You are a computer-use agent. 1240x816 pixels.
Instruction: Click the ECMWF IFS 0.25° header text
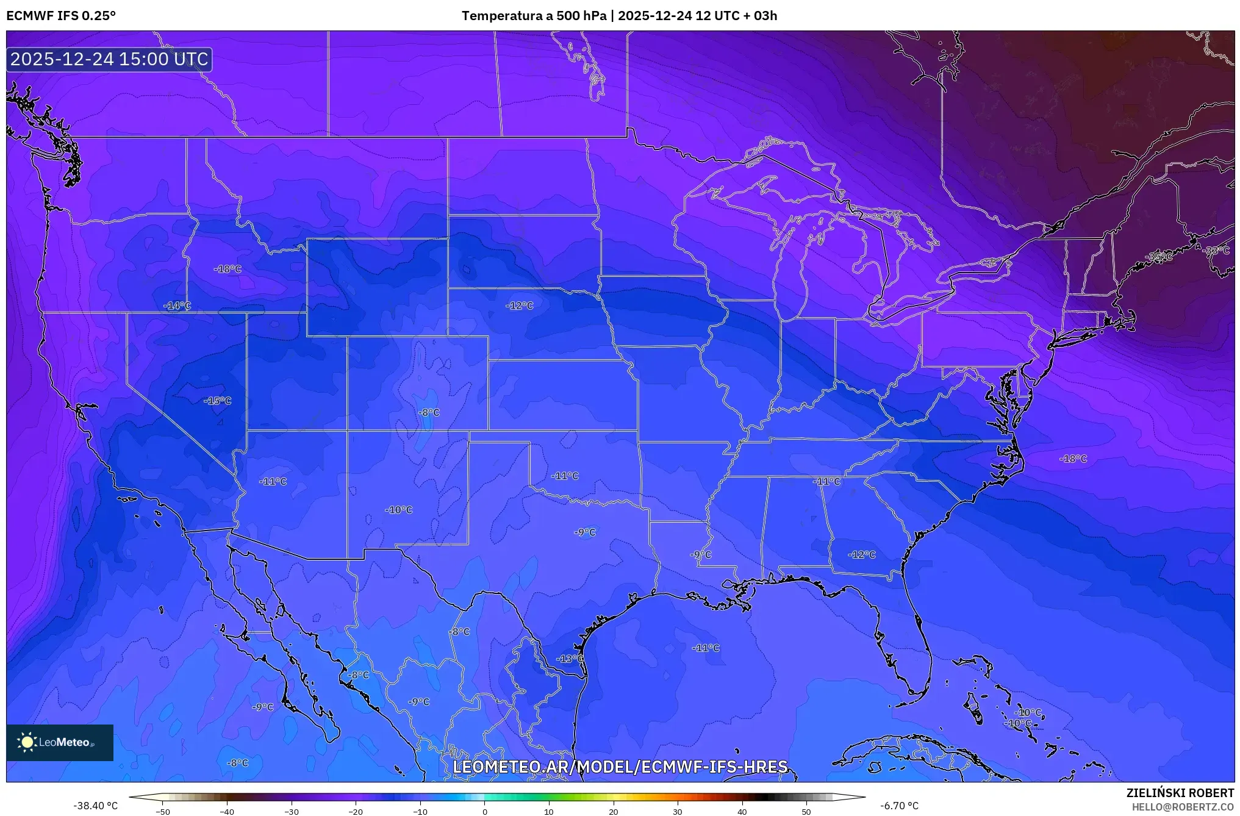[x=61, y=16]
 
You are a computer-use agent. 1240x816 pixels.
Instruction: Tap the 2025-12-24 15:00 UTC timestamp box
[x=109, y=59]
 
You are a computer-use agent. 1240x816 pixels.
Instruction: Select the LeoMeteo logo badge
[x=60, y=742]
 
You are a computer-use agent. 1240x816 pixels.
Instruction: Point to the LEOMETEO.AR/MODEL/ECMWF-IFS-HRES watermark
[x=620, y=767]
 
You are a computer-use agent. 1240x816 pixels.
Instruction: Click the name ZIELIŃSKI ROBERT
[x=1180, y=793]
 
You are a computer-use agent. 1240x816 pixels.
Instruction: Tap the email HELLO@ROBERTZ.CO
[x=1183, y=807]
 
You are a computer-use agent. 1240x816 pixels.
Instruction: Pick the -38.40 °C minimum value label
[x=95, y=806]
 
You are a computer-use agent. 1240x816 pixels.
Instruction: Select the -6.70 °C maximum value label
[x=899, y=806]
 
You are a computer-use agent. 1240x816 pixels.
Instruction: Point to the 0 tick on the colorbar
[x=484, y=811]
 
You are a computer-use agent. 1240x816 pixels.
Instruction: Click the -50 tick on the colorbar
[x=163, y=811]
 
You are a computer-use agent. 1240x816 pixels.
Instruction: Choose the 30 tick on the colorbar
[x=678, y=811]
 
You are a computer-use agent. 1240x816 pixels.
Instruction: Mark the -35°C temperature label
[x=1159, y=257]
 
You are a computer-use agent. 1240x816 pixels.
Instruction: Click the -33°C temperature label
[x=1217, y=251]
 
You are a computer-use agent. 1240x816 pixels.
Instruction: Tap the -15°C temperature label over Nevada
[x=218, y=401]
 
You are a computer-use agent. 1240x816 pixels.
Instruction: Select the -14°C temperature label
[x=177, y=306]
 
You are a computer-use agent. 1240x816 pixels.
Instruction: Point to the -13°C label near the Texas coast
[x=570, y=659]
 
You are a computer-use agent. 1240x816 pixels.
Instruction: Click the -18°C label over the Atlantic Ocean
[x=1073, y=459]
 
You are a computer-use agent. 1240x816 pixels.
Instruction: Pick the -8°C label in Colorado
[x=429, y=412]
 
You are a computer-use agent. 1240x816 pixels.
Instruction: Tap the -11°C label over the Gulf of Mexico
[x=706, y=648]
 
